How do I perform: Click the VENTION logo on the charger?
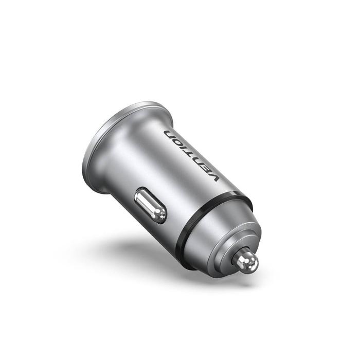[192, 154]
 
